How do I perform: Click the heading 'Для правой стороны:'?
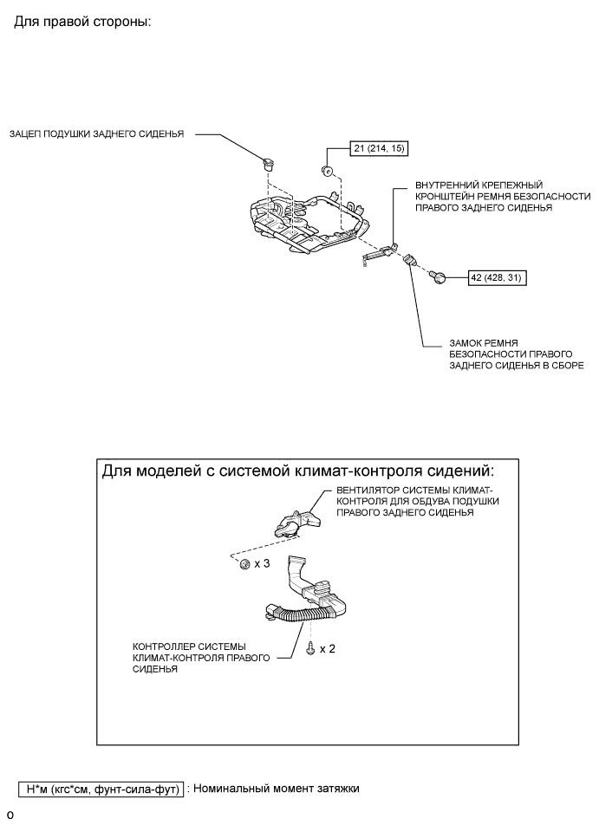point(82,21)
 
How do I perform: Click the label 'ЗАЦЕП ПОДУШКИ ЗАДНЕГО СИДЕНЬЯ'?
point(96,134)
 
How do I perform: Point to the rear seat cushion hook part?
point(268,161)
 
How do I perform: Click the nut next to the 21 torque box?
point(329,169)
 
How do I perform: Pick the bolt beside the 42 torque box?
point(440,276)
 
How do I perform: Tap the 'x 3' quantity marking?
point(263,564)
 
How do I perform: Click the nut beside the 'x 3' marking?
point(245,564)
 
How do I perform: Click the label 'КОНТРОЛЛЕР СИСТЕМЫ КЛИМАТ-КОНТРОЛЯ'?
point(194,658)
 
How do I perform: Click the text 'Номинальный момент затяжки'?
point(276,789)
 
